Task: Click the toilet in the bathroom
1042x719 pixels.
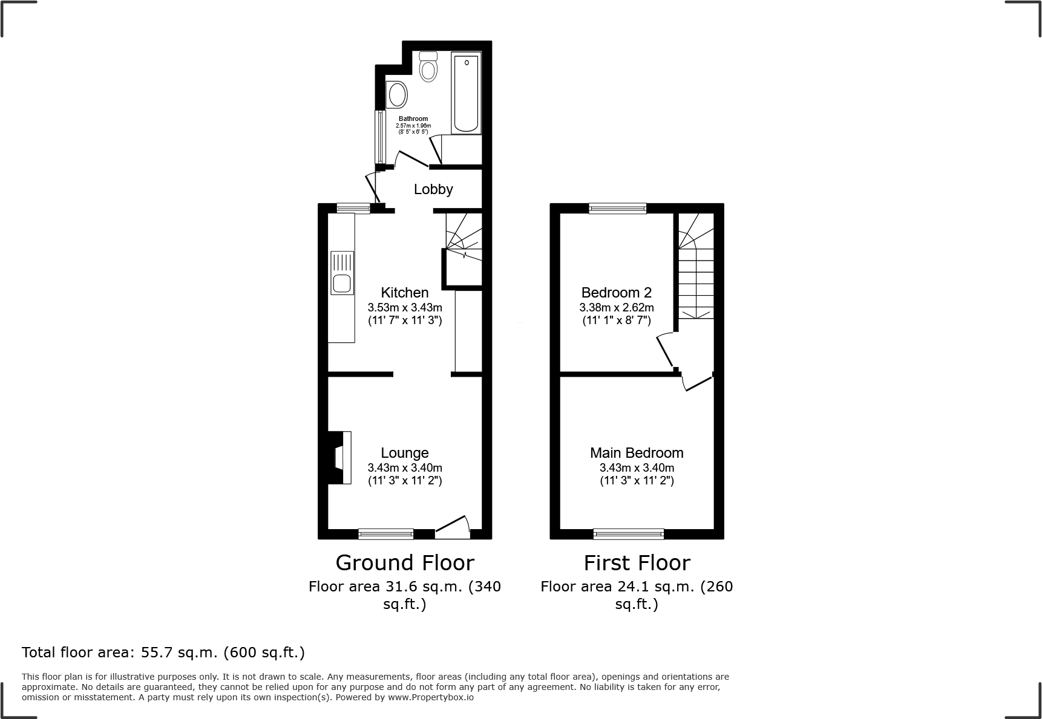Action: (428, 68)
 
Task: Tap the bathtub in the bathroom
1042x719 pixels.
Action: (466, 93)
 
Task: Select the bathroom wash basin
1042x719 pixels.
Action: (397, 95)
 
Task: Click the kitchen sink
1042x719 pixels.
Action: (342, 273)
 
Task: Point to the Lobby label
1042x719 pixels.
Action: (433, 189)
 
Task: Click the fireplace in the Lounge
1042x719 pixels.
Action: (341, 457)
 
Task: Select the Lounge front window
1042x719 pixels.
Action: (385, 534)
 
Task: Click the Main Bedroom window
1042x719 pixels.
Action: (628, 534)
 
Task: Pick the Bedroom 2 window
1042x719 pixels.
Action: (618, 209)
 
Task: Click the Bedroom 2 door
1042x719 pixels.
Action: (666, 351)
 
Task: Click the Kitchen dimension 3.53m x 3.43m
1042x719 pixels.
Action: (405, 307)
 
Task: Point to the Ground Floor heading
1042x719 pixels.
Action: (405, 562)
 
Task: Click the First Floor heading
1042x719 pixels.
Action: (637, 562)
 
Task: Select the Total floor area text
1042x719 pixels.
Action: (163, 652)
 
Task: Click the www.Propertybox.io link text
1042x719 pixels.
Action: (431, 697)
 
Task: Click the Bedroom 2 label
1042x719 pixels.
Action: (616, 293)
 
